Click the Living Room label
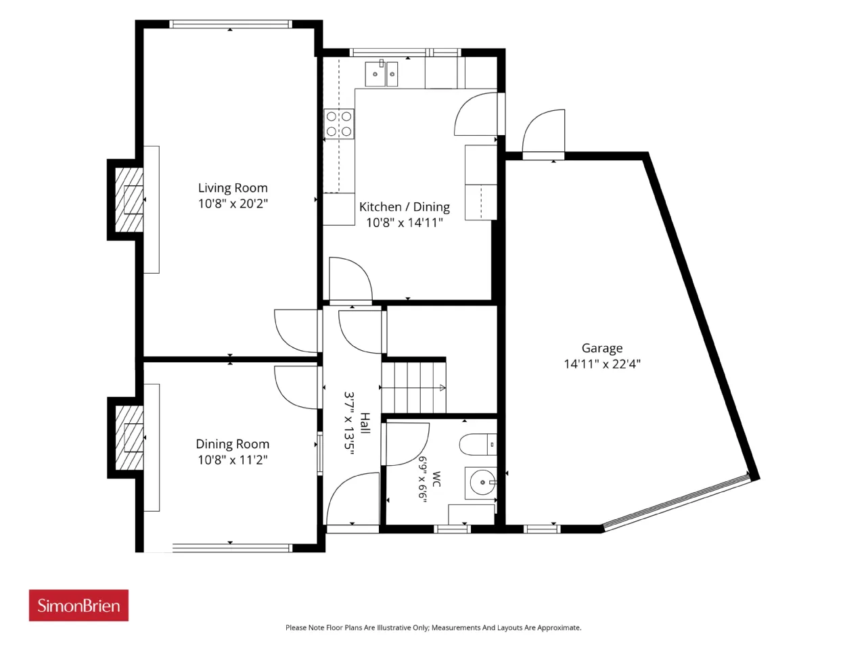tap(233, 187)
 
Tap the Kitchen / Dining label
tap(405, 207)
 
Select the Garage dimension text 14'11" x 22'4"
tap(602, 364)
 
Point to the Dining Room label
tap(233, 444)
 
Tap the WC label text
tap(436, 479)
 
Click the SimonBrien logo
tap(78, 605)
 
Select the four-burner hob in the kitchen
tap(339, 124)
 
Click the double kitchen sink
tap(381, 74)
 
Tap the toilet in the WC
tap(478, 444)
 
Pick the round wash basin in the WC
tap(482, 483)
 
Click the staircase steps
tap(414, 388)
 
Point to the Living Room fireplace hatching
tap(129, 200)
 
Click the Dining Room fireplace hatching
tap(129, 438)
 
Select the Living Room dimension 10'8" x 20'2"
tap(233, 203)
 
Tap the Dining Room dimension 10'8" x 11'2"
tap(233, 460)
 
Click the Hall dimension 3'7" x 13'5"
tap(349, 423)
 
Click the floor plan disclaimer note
tap(433, 628)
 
